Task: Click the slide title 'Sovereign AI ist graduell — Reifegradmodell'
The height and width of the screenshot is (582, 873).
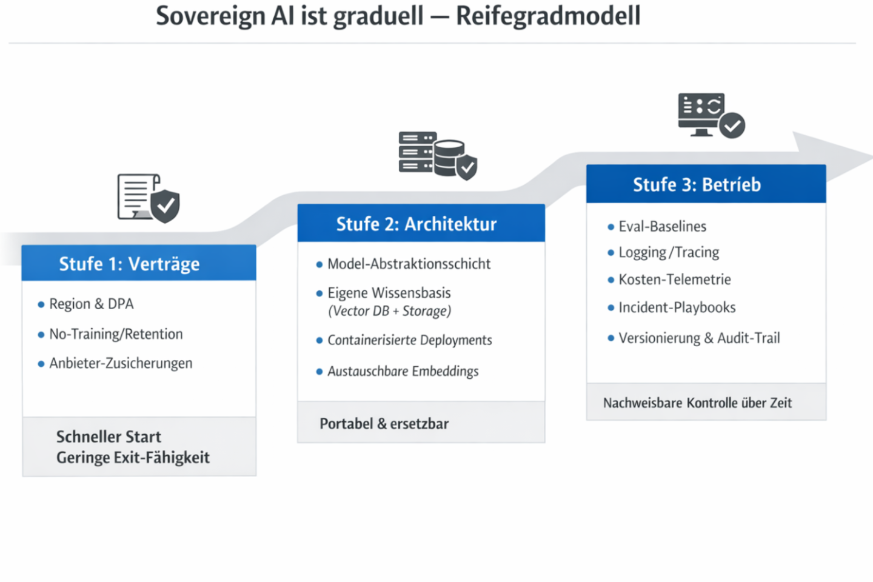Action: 398,16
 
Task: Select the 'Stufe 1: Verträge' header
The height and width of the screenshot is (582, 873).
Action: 129,264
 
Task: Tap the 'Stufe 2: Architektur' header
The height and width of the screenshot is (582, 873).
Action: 416,224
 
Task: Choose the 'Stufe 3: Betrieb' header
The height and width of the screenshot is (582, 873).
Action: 697,184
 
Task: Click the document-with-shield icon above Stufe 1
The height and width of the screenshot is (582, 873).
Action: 148,198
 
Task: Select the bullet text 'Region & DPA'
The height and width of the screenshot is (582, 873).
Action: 91,304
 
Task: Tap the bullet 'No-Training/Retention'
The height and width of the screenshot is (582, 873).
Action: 116,334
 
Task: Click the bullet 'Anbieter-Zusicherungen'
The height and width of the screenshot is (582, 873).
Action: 121,363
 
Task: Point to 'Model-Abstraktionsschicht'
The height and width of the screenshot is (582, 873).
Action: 409,264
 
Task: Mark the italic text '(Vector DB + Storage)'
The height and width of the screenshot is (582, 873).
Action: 389,311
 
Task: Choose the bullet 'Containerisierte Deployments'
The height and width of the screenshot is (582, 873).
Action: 409,340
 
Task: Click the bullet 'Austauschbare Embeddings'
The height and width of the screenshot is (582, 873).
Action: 403,371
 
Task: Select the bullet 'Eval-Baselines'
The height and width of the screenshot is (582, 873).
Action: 662,226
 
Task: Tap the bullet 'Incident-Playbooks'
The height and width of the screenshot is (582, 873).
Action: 677,307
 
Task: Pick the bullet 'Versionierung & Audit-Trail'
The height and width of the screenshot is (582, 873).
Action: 699,338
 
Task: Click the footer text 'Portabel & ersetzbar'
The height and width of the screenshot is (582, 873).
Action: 384,423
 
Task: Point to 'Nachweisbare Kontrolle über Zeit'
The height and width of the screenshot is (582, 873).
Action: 697,403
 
